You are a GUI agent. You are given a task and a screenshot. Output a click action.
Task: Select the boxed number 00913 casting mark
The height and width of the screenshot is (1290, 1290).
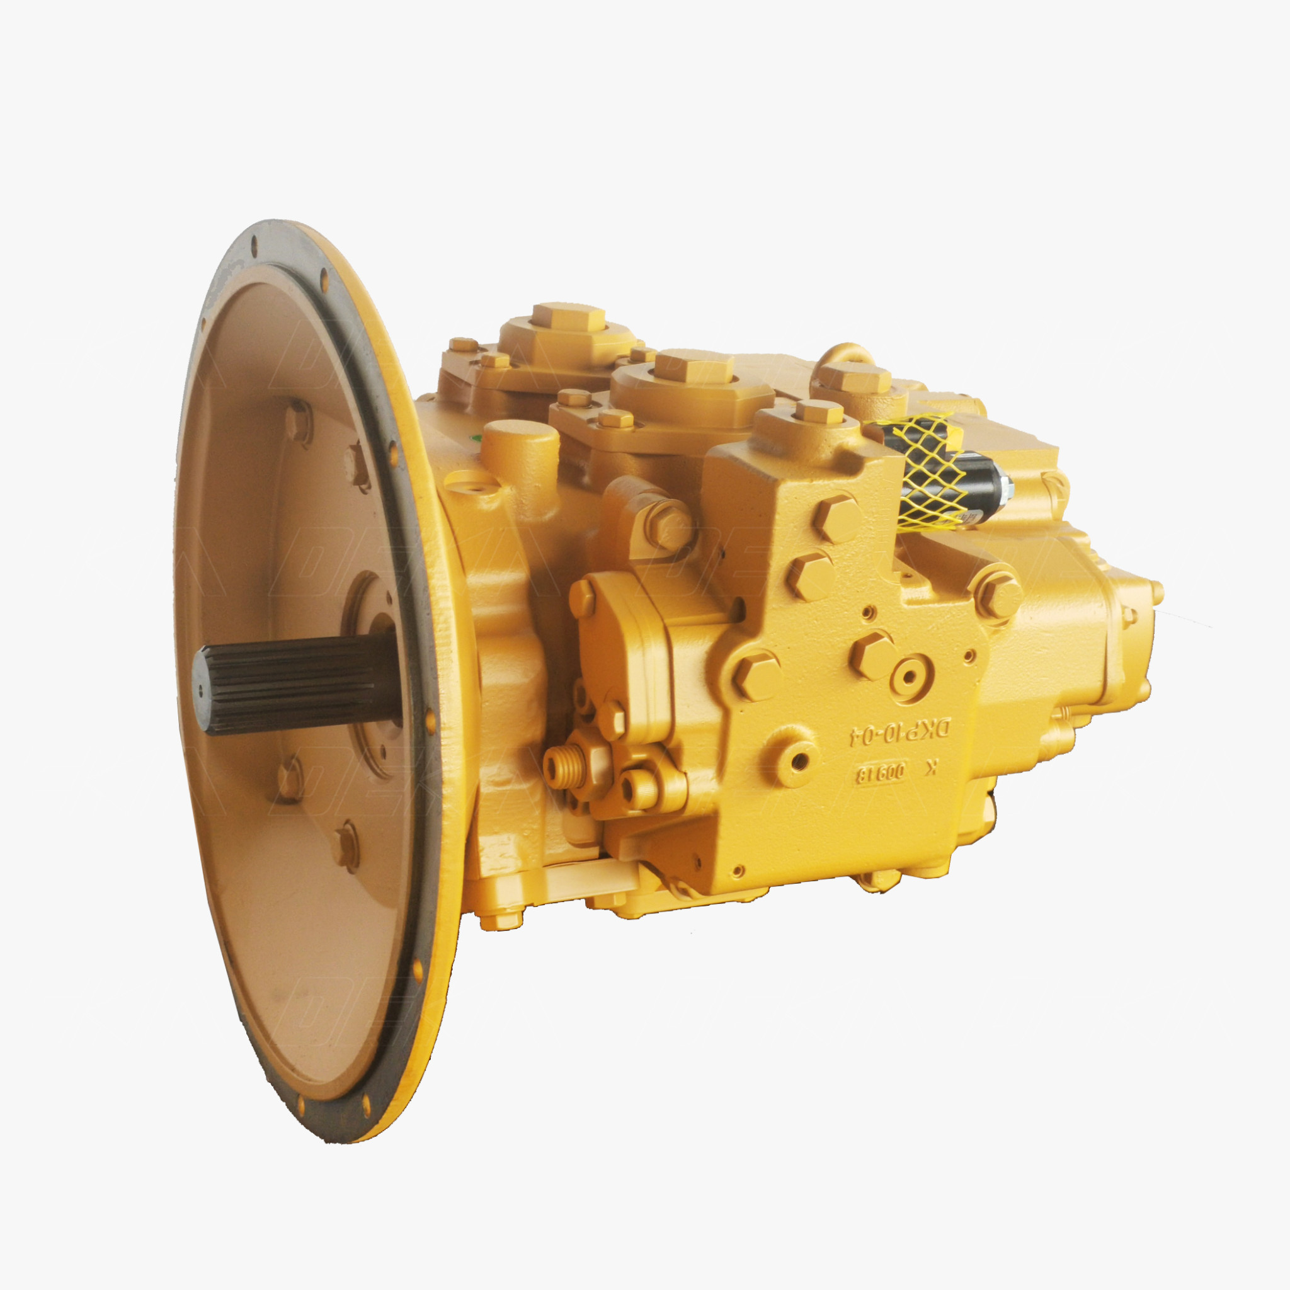pos(880,775)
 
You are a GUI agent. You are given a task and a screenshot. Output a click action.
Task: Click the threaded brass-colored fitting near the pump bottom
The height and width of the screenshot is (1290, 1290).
pos(559,766)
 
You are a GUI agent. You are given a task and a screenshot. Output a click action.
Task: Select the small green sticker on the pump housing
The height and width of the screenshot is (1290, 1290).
pos(476,438)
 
